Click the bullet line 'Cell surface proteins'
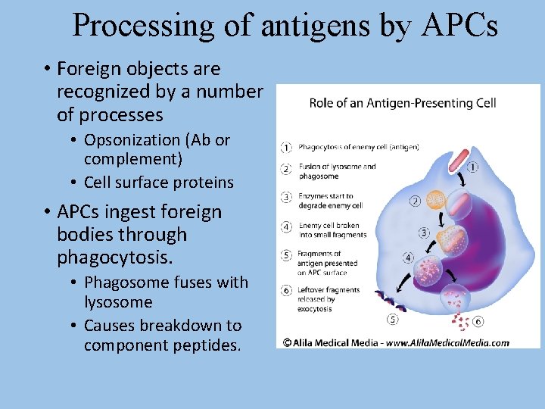(x=158, y=183)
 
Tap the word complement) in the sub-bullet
(x=132, y=160)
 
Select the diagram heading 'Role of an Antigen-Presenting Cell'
(x=402, y=102)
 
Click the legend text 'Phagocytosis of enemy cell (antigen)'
(x=358, y=146)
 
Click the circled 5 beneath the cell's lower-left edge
(x=392, y=319)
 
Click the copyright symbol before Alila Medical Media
(x=287, y=342)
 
